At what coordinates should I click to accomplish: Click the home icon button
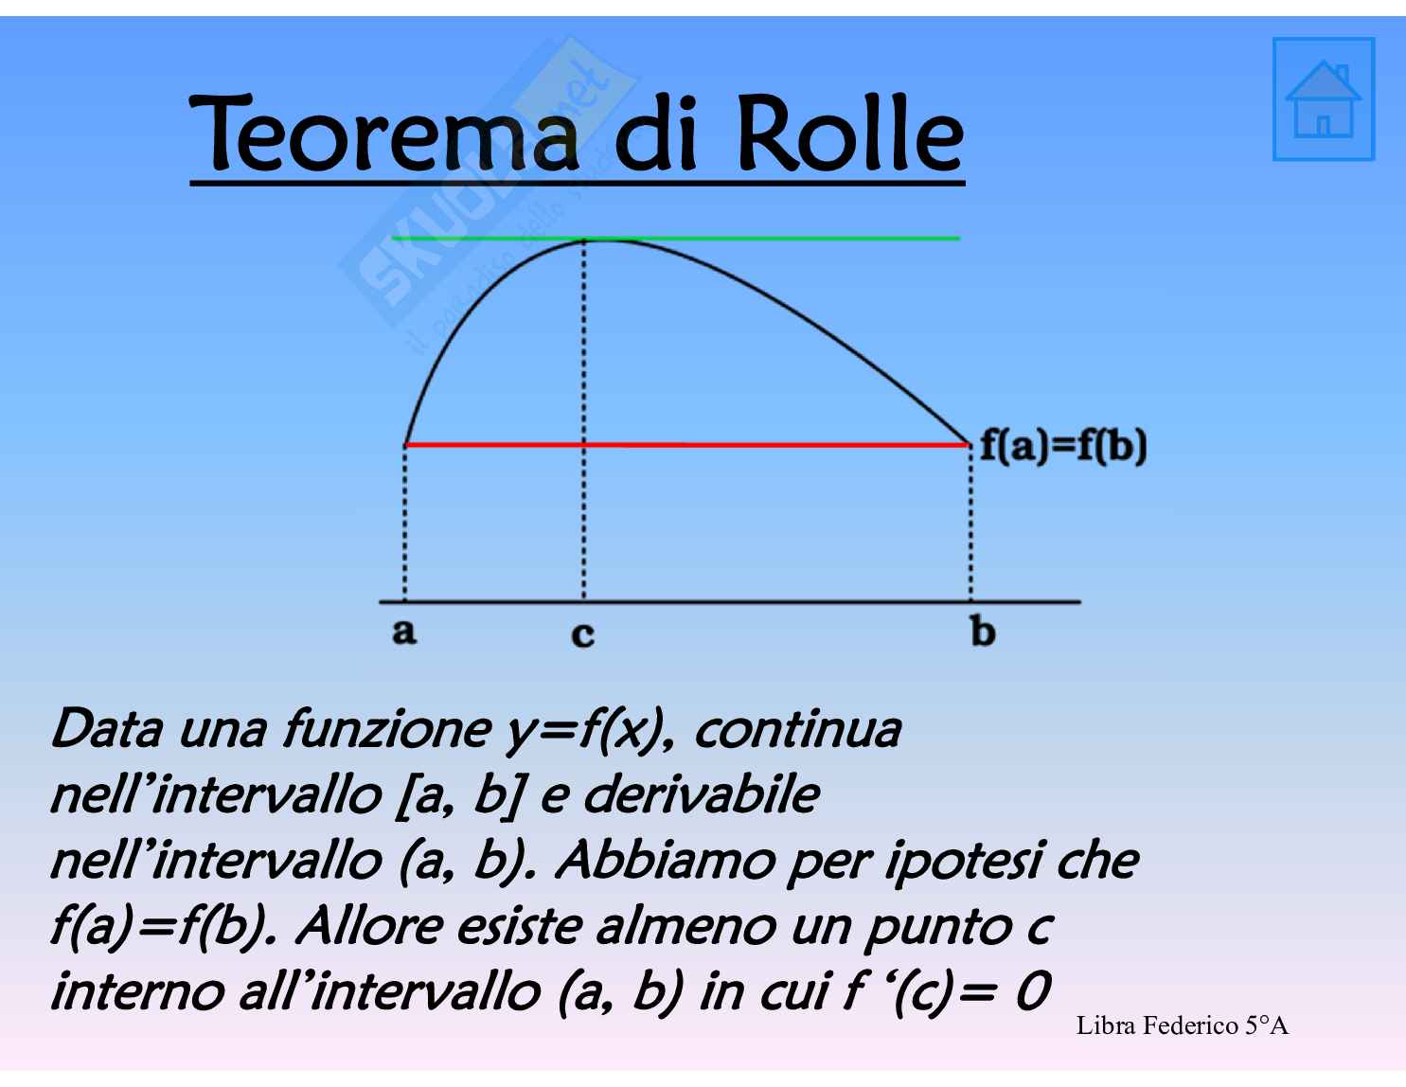click(x=1324, y=98)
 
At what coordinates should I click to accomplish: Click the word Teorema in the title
click(x=384, y=134)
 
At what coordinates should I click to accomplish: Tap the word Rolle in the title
click(x=851, y=134)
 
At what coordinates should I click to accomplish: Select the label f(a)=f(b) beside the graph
click(x=1063, y=447)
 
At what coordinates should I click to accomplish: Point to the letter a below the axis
click(x=404, y=631)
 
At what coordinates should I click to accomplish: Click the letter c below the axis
click(x=582, y=633)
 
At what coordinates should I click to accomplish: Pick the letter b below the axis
click(x=982, y=630)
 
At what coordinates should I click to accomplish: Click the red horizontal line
click(x=687, y=444)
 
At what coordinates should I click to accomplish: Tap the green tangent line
click(x=675, y=238)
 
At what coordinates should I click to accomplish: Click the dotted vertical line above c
click(x=583, y=419)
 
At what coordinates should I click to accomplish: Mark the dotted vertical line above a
click(x=405, y=524)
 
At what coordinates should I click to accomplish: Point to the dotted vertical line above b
click(x=970, y=524)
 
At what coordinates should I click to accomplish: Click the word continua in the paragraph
click(x=797, y=730)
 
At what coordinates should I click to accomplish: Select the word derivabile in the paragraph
click(x=702, y=794)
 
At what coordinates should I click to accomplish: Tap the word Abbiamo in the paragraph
click(x=666, y=861)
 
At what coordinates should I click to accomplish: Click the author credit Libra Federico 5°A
click(x=1183, y=1025)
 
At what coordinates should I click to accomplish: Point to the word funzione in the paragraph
click(x=386, y=730)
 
